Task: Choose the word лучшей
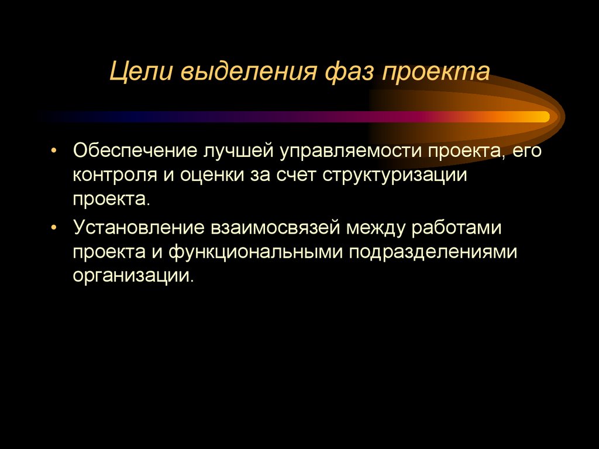click(237, 152)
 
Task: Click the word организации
click(132, 275)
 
